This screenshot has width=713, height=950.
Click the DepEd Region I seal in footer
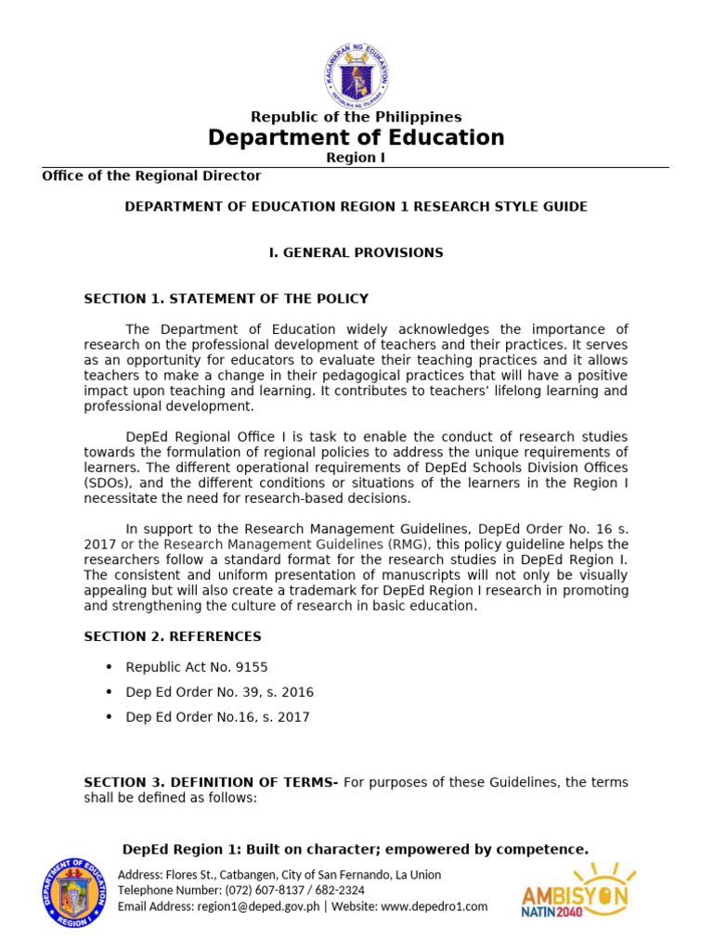tap(76, 892)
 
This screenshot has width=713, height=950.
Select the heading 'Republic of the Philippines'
tap(356, 117)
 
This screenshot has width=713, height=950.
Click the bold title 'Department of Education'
tap(356, 138)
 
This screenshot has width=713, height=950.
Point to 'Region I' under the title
tap(356, 158)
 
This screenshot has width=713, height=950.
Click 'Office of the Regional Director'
tap(151, 175)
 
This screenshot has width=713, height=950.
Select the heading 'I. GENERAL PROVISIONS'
tap(356, 252)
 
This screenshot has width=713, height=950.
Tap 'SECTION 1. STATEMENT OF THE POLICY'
tap(226, 299)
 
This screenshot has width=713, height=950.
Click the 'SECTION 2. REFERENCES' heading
tap(173, 636)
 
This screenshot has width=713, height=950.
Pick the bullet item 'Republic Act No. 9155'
tap(197, 667)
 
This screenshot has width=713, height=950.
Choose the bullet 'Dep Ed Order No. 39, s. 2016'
tap(219, 692)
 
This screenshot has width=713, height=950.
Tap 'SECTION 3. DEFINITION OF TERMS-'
tap(211, 783)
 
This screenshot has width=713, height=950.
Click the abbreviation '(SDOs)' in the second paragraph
tap(108, 482)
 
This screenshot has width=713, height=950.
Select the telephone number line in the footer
tap(241, 891)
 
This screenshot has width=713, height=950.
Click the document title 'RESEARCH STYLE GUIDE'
tap(500, 206)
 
